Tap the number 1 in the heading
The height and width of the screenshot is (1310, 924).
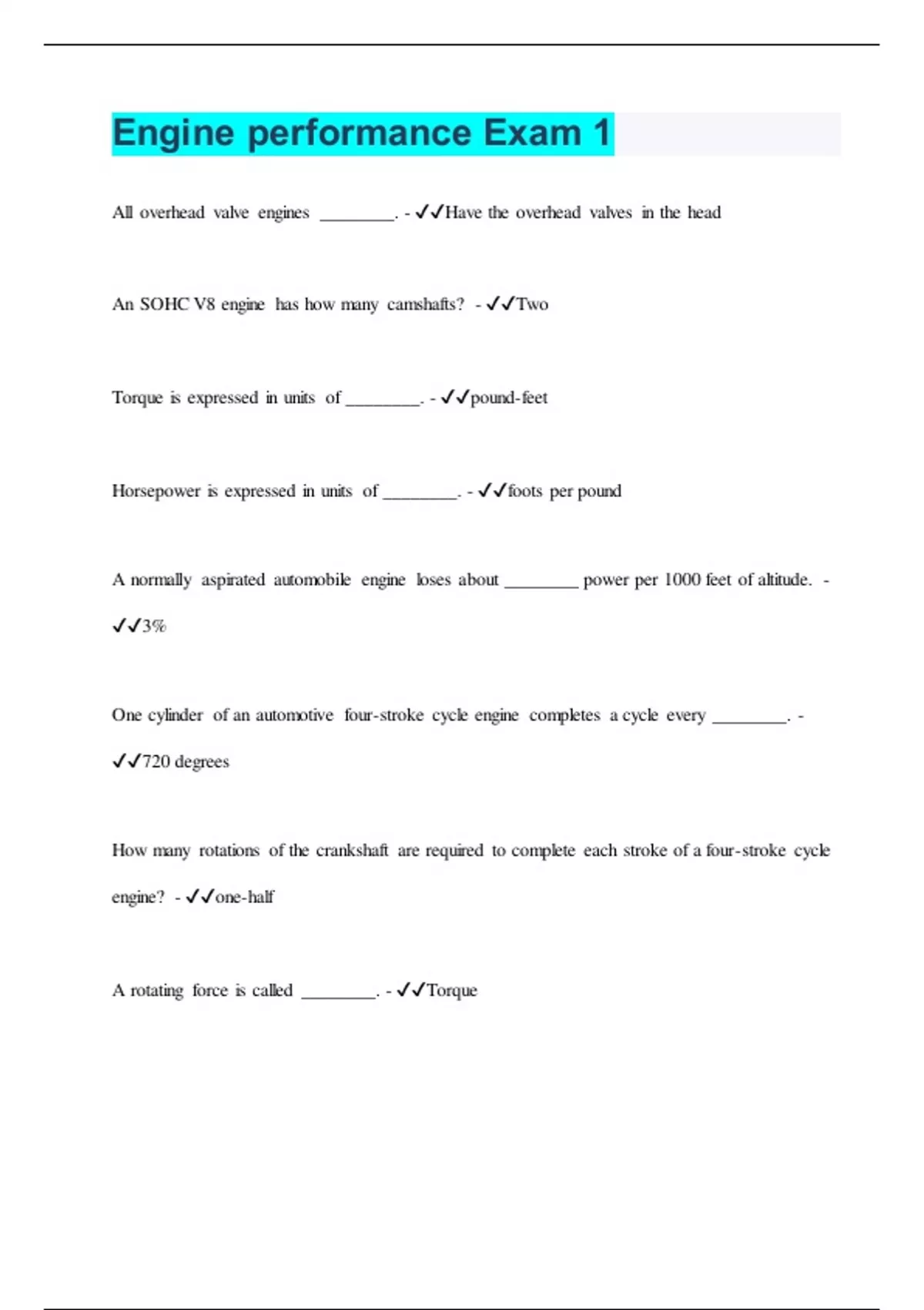click(601, 133)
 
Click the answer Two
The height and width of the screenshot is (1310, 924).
click(532, 304)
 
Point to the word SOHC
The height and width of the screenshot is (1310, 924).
click(164, 304)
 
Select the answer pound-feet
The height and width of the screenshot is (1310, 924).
click(509, 398)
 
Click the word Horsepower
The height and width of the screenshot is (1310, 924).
click(156, 491)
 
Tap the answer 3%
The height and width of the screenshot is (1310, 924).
click(154, 626)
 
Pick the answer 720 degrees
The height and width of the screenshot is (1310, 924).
click(186, 761)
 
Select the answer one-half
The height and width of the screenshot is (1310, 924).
click(244, 897)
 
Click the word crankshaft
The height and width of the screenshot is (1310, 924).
click(352, 851)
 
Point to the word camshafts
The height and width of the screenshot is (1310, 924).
click(425, 304)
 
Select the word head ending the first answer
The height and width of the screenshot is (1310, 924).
click(704, 213)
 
